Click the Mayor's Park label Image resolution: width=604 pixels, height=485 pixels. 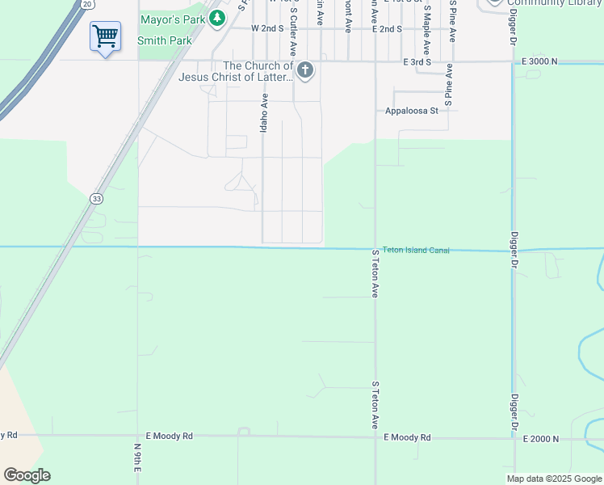click(x=172, y=19)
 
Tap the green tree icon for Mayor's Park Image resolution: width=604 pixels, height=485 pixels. click(x=216, y=18)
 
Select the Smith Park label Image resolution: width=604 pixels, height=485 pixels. click(x=165, y=40)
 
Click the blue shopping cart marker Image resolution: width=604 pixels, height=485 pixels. click(x=105, y=36)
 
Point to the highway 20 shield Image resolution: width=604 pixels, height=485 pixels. click(x=86, y=4)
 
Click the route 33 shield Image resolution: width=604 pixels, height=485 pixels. click(x=96, y=198)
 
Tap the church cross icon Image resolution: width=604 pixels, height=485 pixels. click(x=305, y=70)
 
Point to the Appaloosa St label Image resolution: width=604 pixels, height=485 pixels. click(x=411, y=111)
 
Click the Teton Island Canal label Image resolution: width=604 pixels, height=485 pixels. click(x=416, y=251)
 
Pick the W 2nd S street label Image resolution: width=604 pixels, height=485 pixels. click(x=270, y=28)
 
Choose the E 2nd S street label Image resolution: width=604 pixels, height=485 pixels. click(x=387, y=28)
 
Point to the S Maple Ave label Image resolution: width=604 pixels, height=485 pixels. click(x=426, y=24)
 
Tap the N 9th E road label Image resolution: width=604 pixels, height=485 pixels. click(x=137, y=458)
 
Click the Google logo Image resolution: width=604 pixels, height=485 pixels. click(x=27, y=475)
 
